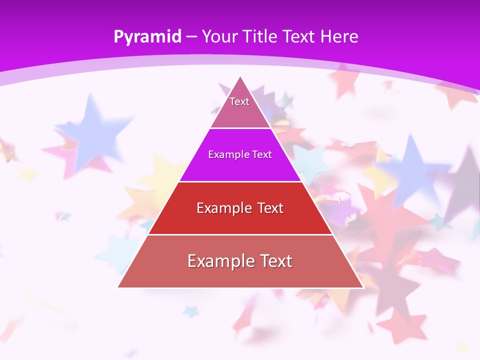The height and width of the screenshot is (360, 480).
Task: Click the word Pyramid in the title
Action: pos(147,37)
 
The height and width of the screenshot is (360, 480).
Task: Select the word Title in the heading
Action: pos(262,36)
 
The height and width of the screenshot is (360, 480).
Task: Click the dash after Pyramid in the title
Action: pos(191,37)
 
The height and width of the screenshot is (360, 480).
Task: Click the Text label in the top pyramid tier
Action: pos(239,101)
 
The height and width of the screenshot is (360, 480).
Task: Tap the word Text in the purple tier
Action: pos(262,154)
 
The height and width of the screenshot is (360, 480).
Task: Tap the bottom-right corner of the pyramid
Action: pos(363,287)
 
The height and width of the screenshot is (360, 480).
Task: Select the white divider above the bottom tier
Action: pos(240,234)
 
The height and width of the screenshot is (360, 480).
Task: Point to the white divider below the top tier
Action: pos(240,128)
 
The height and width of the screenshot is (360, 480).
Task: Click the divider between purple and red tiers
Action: pos(240,181)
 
